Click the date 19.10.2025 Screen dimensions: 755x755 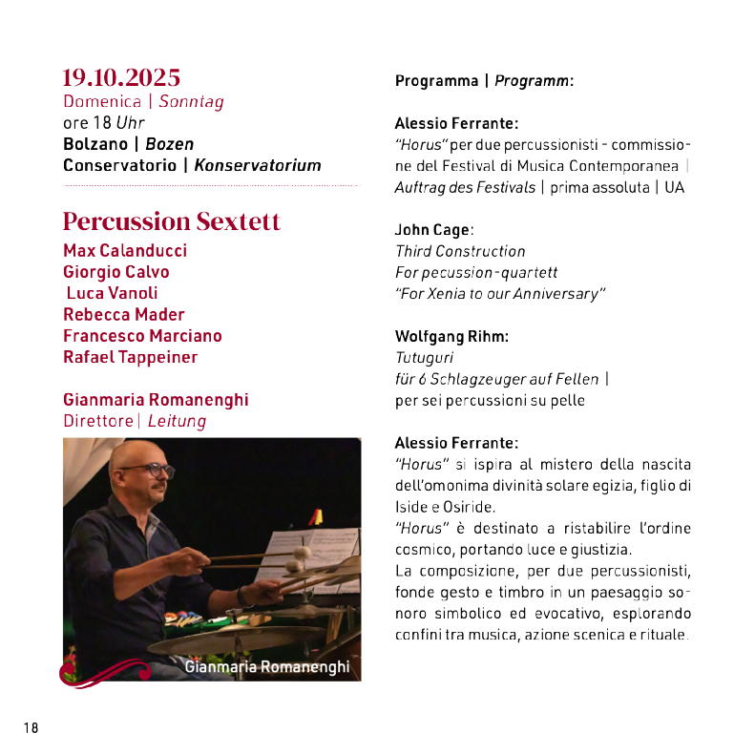pos(121,77)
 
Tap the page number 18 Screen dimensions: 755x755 pos(31,727)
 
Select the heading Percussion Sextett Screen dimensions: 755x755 pos(172,221)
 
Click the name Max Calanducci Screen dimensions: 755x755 pos(125,251)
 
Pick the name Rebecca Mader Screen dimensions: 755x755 pos(124,315)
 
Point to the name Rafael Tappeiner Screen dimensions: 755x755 pos(131,357)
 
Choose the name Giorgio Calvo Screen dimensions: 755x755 pos(116,272)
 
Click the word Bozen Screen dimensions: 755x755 pos(169,144)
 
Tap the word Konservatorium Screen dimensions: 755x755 pos(258,165)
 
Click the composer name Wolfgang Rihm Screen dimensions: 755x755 pos(451,336)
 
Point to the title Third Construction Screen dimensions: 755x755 pos(460,251)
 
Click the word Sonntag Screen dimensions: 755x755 pos(191,101)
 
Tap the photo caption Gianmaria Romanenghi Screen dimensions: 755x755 pos(266,666)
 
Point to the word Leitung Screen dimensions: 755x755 pos(177,421)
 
